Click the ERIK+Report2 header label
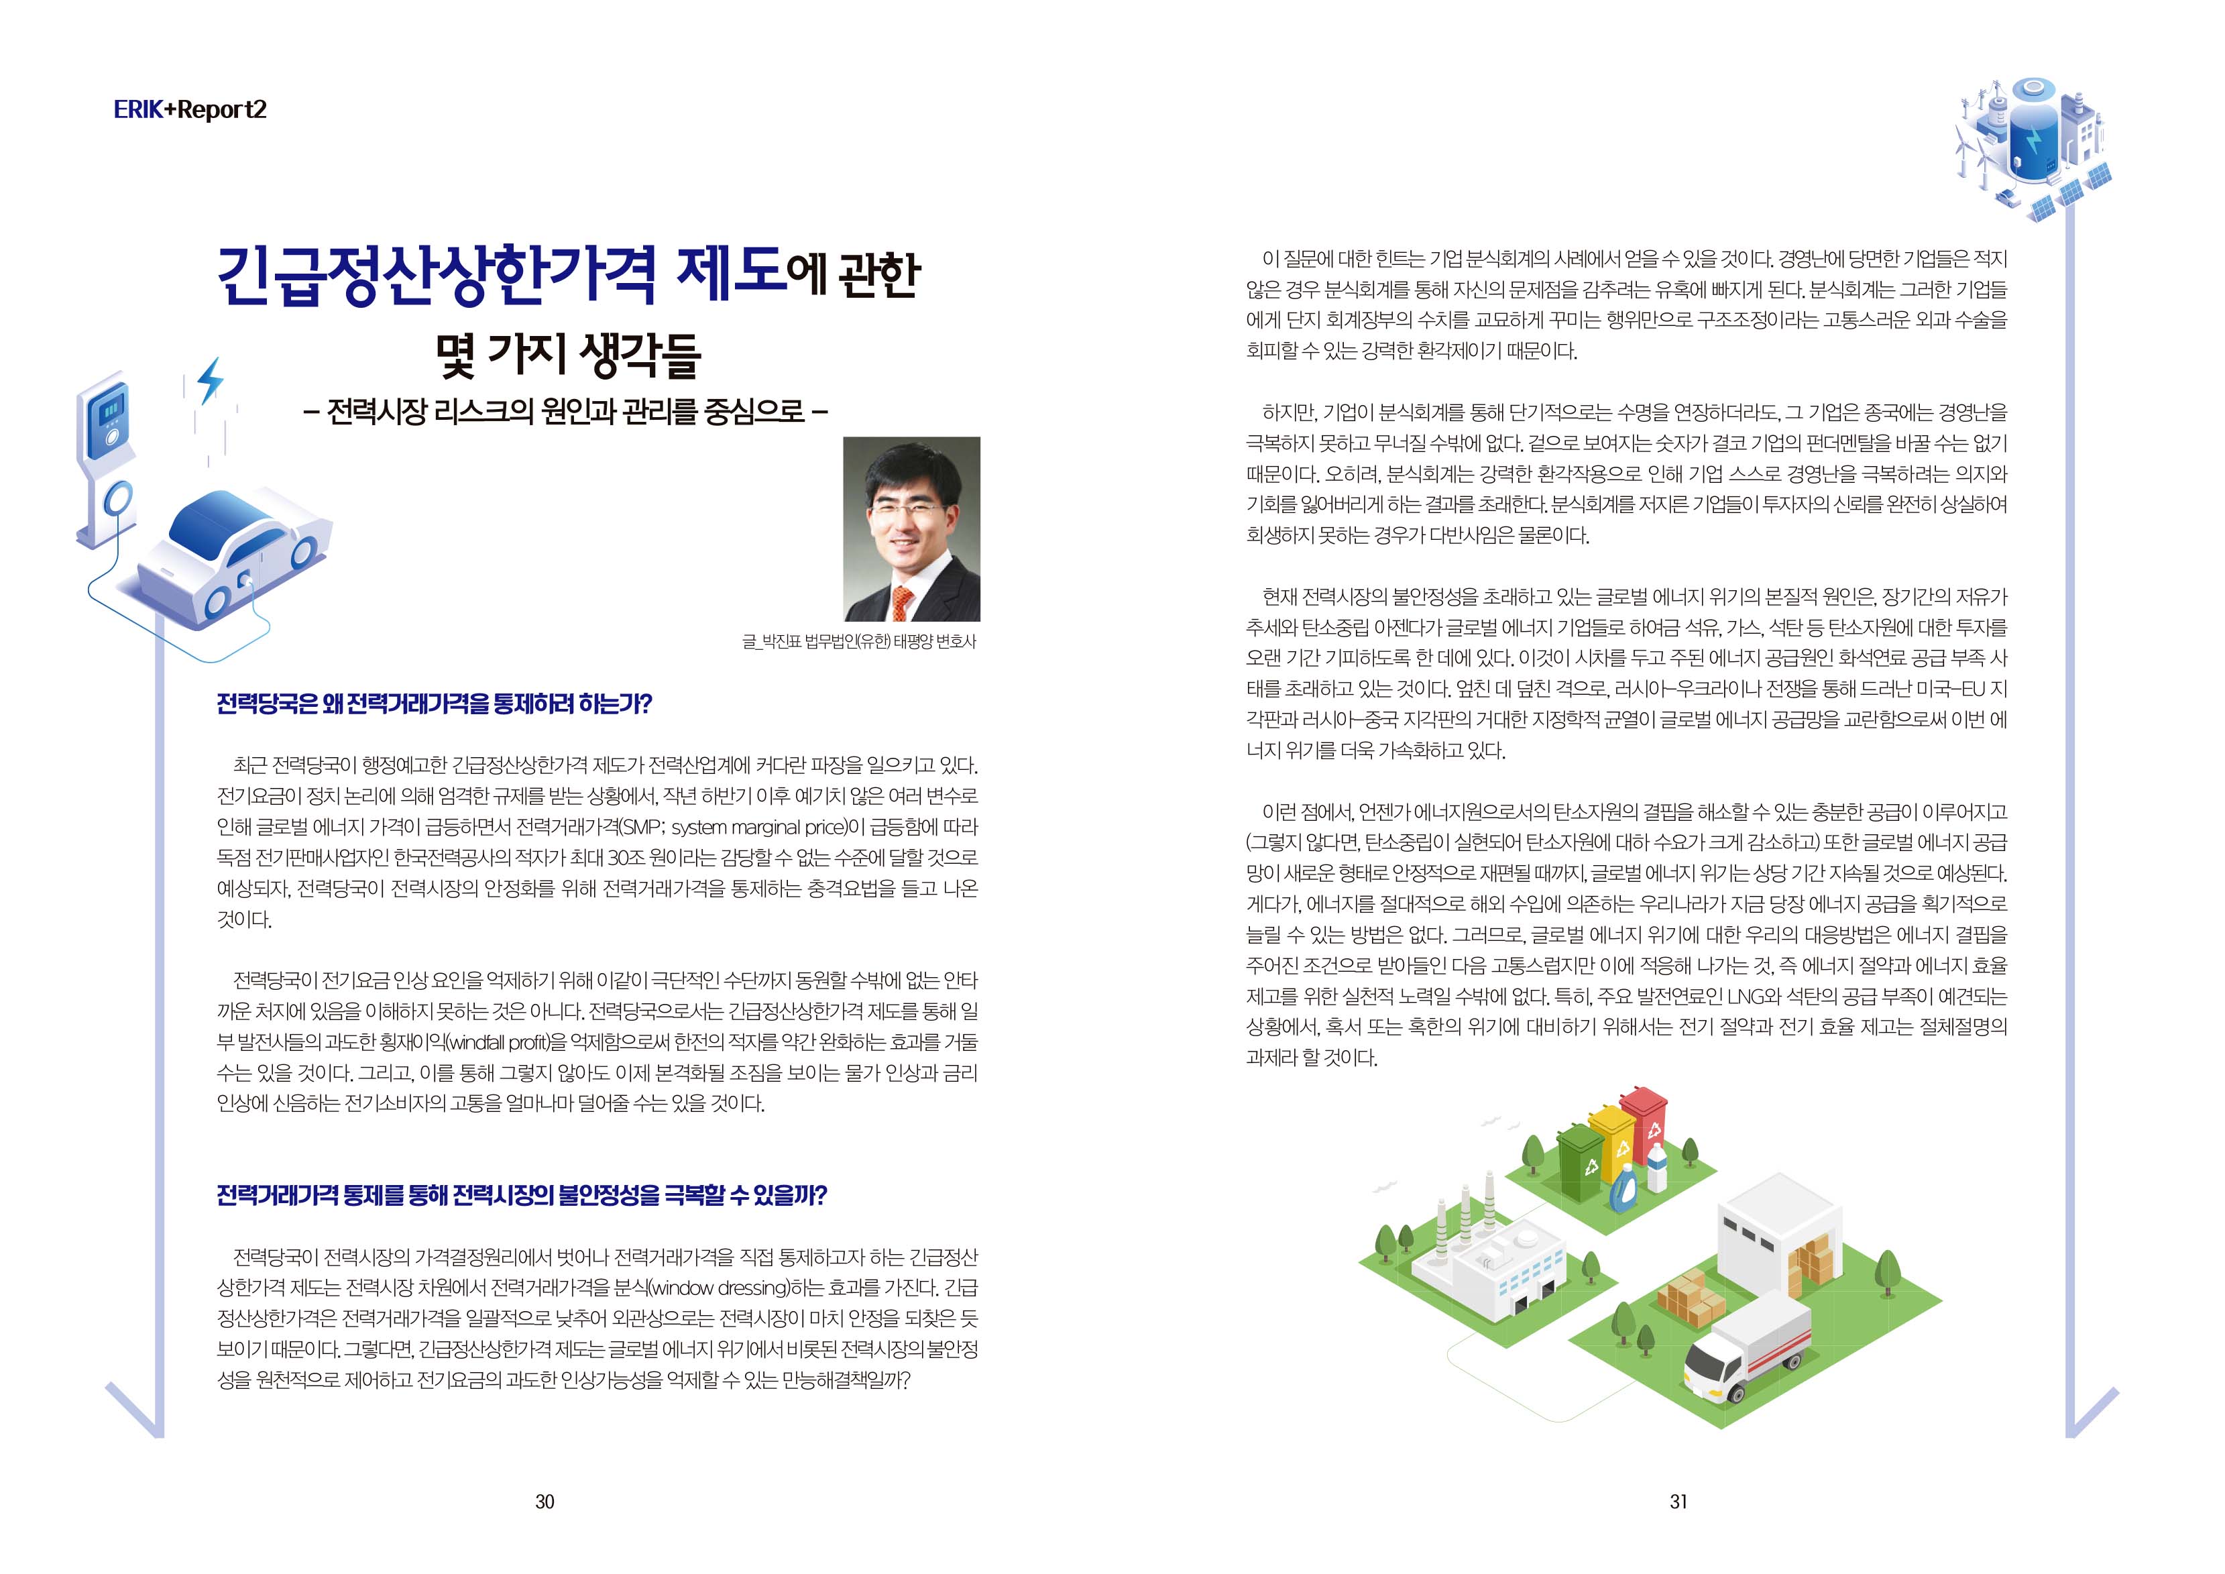pyautogui.click(x=190, y=109)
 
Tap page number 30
pyautogui.click(x=545, y=1502)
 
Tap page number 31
pyautogui.click(x=1678, y=1502)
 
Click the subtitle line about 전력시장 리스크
pyautogui.click(x=566, y=411)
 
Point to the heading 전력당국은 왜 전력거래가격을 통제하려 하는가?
pyautogui.click(x=434, y=704)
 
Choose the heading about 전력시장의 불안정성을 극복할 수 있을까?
pyautogui.click(x=521, y=1195)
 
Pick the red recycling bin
pyautogui.click(x=1644, y=1123)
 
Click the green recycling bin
pyautogui.click(x=1581, y=1161)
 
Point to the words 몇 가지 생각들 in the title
pyautogui.click(x=568, y=355)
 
